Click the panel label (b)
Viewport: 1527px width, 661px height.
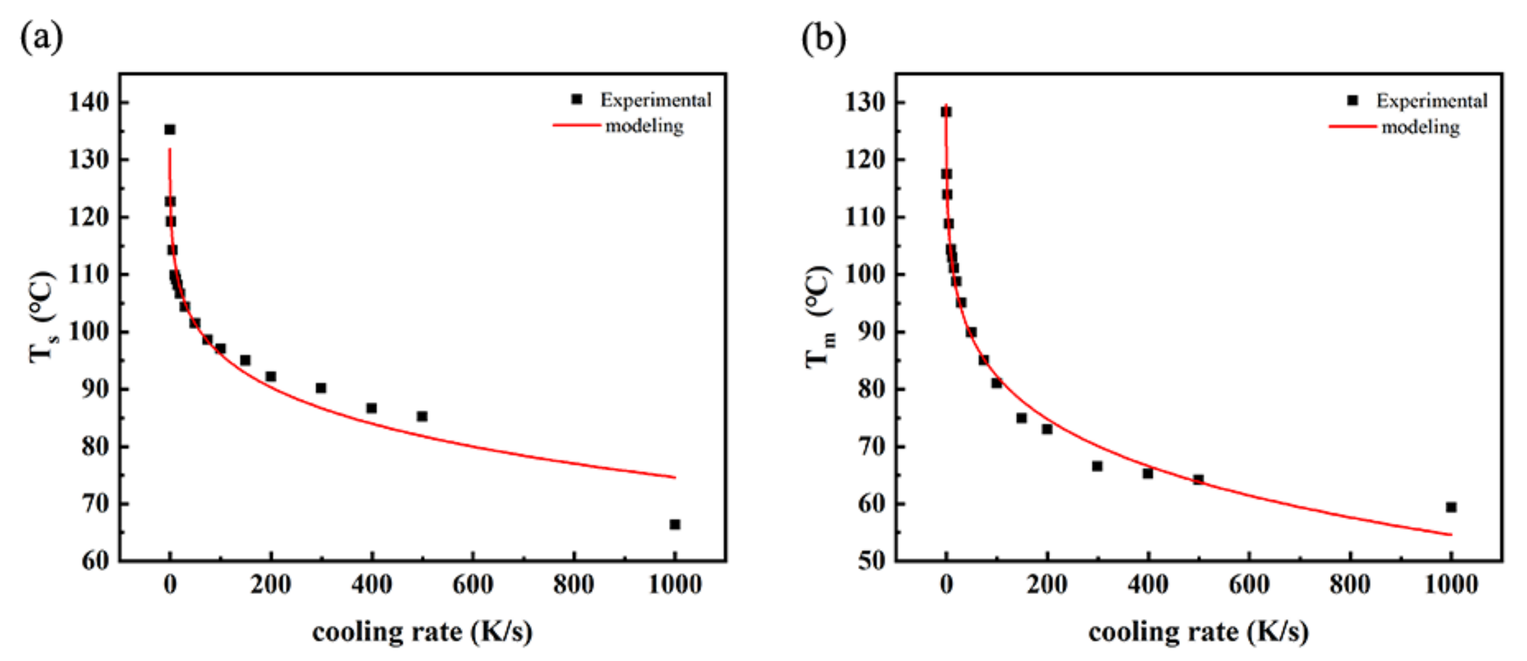[x=823, y=38]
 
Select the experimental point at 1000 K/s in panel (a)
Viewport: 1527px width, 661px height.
[x=674, y=524]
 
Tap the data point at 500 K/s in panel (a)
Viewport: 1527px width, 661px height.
[x=422, y=416]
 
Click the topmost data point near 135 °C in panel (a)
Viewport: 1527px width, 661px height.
[x=170, y=129]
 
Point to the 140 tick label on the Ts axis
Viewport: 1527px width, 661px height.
[x=89, y=102]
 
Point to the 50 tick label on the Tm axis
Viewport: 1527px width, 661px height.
[x=871, y=560]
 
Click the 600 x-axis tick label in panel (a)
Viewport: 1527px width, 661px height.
[x=472, y=585]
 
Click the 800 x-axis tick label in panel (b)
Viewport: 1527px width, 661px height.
[x=1350, y=585]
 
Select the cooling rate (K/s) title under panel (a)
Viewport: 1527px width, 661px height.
[x=422, y=632]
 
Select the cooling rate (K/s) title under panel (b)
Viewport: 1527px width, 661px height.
[x=1198, y=632]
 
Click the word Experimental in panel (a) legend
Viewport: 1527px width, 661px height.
[x=656, y=100]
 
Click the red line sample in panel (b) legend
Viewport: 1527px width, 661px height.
[x=1352, y=127]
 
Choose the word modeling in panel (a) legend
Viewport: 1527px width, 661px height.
[x=644, y=125]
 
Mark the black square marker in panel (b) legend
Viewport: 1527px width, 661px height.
[x=1352, y=101]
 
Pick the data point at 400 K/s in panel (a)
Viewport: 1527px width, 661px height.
[x=372, y=408]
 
